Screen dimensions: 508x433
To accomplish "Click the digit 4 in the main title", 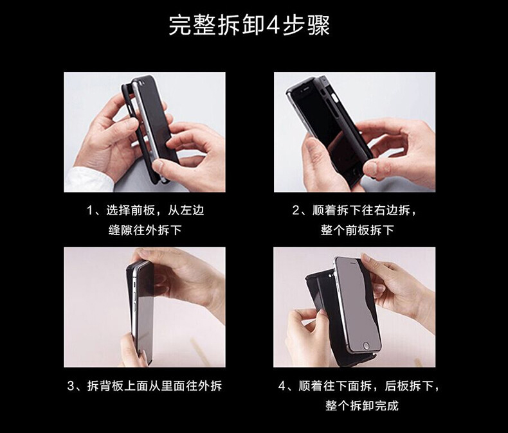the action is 273,25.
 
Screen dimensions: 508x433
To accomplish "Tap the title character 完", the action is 180,25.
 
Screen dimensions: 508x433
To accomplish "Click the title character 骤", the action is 319,25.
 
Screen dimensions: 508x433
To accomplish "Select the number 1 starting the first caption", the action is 90,211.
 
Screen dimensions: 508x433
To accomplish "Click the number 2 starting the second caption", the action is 296,211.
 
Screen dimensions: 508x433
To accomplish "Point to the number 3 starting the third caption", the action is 71,386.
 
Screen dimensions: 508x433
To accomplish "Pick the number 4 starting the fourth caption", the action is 282,386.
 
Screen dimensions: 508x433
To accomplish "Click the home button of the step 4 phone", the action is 366,345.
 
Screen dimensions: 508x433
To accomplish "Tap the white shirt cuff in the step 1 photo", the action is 88,180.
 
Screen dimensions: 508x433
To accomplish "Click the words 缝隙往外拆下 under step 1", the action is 145,231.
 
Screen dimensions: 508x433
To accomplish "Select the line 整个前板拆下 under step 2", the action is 358,231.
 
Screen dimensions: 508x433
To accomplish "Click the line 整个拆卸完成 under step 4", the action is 362,406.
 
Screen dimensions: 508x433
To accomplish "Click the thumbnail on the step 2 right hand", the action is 371,168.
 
